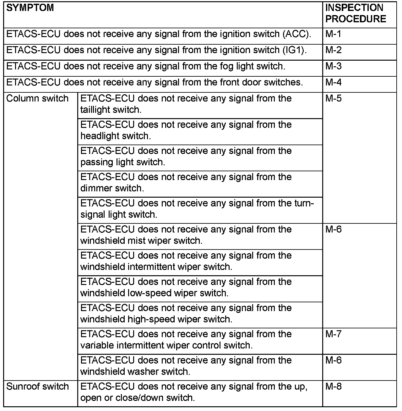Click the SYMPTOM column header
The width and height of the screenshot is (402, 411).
point(30,8)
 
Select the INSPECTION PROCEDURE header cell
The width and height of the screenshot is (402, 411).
point(356,14)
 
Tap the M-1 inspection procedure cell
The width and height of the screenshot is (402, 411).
point(333,34)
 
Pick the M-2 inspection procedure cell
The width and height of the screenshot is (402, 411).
point(333,50)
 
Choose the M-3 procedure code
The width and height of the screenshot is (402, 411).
point(333,66)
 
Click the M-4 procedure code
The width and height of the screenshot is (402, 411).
point(333,82)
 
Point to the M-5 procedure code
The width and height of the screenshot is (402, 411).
point(333,98)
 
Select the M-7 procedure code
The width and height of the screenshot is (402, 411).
point(333,334)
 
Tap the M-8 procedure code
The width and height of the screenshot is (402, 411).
point(333,386)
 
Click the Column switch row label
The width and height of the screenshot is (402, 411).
point(37,98)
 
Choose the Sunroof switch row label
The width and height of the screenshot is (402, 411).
point(37,386)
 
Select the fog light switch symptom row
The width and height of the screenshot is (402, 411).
point(146,66)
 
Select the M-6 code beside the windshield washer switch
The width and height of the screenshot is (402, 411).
point(333,360)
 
